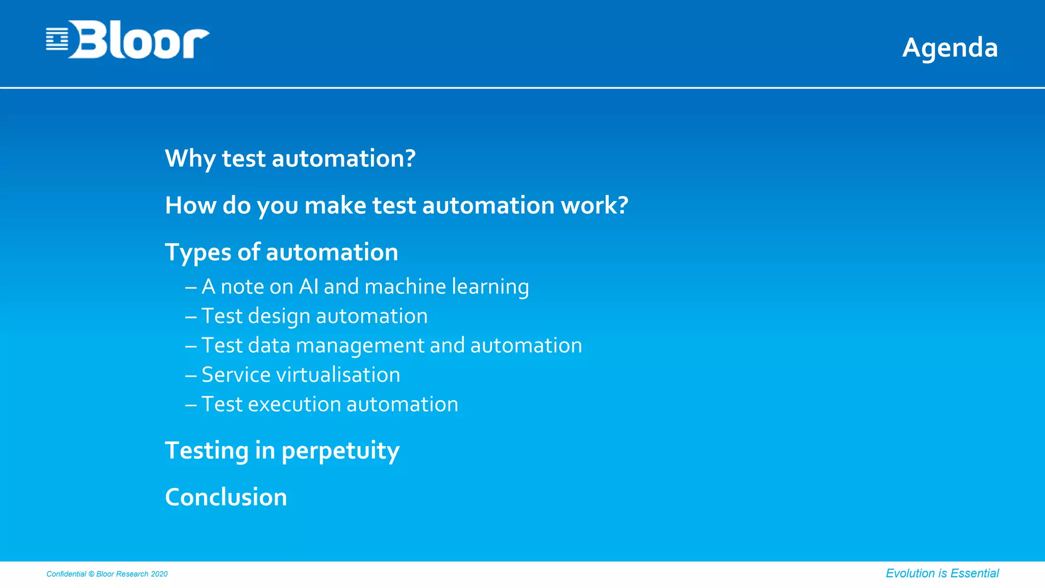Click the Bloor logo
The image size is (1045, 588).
click(x=128, y=40)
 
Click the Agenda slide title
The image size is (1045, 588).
click(x=950, y=48)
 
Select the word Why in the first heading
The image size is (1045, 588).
click(x=190, y=159)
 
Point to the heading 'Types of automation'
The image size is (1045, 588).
click(x=281, y=252)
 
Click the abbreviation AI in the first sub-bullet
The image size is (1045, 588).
click(x=309, y=286)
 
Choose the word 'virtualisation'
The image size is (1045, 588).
click(x=338, y=375)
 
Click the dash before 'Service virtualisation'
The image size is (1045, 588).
click(x=191, y=376)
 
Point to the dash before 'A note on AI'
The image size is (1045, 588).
click(x=191, y=287)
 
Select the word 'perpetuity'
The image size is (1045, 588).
click(x=340, y=451)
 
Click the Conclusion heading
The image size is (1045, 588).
click(x=226, y=497)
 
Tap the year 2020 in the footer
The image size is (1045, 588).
click(x=159, y=574)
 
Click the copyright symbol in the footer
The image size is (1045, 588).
click(x=91, y=574)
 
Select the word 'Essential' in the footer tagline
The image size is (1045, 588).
click(x=975, y=573)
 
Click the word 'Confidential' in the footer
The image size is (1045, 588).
click(x=66, y=574)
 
